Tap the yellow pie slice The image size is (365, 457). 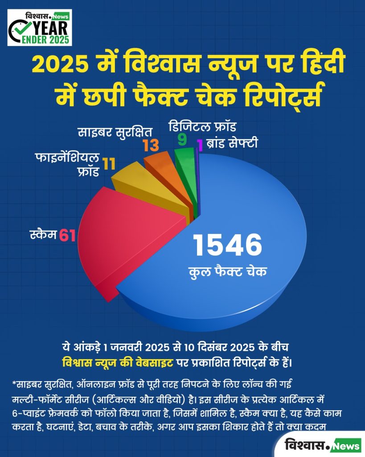(152, 189)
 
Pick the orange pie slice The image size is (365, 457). (169, 175)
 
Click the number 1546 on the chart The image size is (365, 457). (228, 245)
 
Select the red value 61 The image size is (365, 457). (68, 236)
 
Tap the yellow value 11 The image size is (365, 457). (109, 164)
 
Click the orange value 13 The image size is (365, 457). (151, 146)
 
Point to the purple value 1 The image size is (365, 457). (200, 145)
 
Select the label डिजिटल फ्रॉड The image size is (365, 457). (202, 127)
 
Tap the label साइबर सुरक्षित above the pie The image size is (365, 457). (115, 132)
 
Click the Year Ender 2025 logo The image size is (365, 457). (40, 28)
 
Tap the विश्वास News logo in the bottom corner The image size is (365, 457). (322, 445)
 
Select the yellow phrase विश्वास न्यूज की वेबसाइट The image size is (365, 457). (118, 362)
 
